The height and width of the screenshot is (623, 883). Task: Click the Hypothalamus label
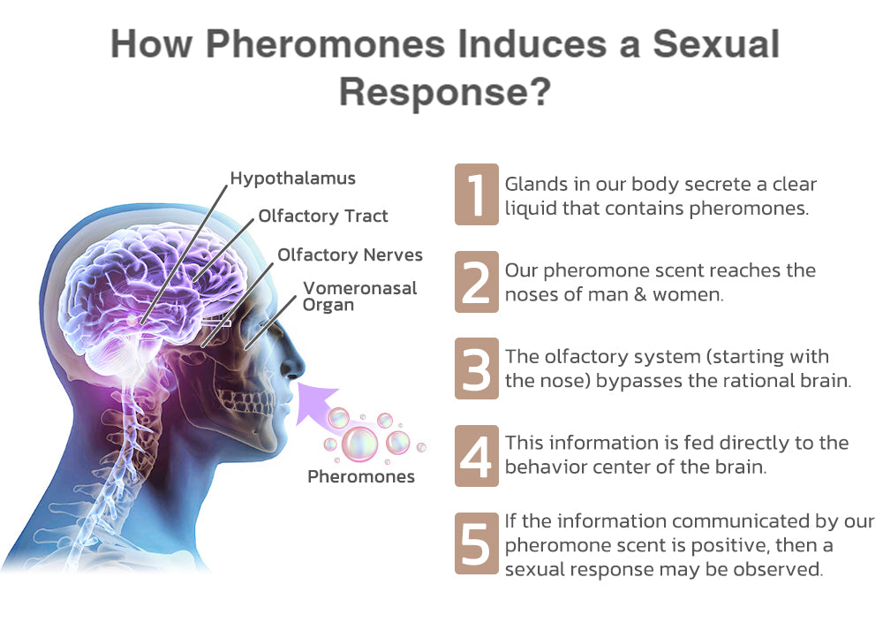tap(293, 179)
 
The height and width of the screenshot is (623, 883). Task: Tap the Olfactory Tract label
tap(322, 216)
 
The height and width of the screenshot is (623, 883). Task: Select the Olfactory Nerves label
tap(350, 255)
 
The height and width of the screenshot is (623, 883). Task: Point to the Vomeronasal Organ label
tap(359, 297)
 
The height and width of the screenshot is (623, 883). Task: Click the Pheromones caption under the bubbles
tap(361, 476)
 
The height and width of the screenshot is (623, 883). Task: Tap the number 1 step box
tap(477, 194)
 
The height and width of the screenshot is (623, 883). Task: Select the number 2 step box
tap(477, 282)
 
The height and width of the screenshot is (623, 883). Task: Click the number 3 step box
tap(477, 368)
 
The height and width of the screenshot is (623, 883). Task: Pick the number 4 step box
tap(477, 456)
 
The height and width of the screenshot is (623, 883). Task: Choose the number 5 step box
tap(477, 543)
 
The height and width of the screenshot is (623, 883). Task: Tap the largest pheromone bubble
tap(360, 443)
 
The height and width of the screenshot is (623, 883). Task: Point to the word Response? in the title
tap(445, 92)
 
